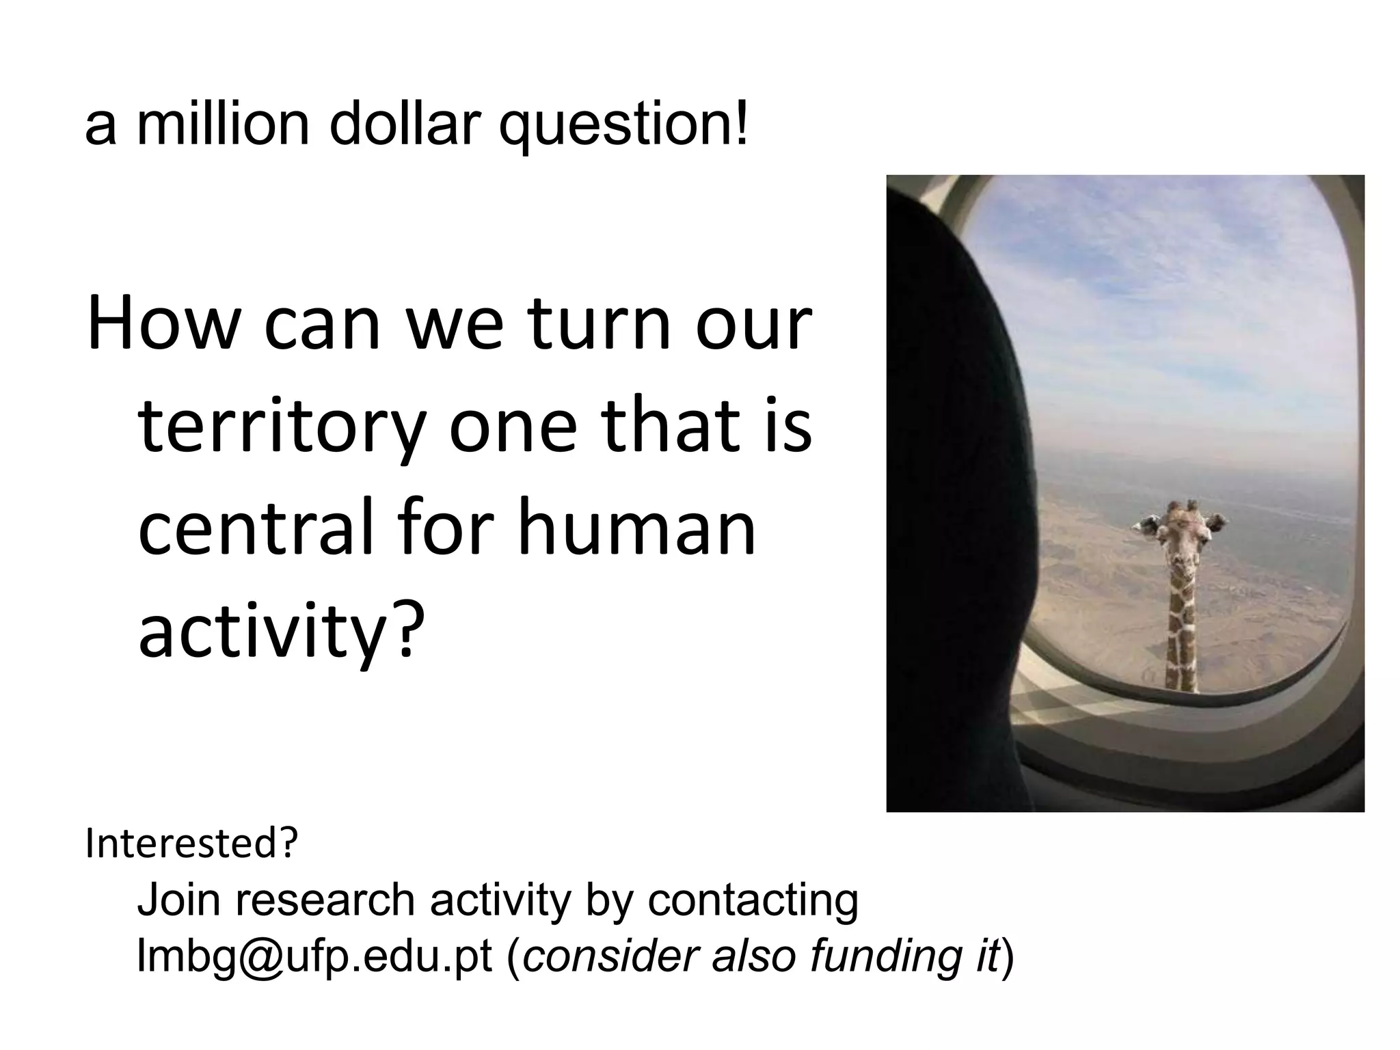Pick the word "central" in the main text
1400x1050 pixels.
click(x=256, y=530)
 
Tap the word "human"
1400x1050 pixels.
click(x=636, y=530)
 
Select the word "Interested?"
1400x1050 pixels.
click(x=192, y=844)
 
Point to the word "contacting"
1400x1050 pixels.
click(x=753, y=901)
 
